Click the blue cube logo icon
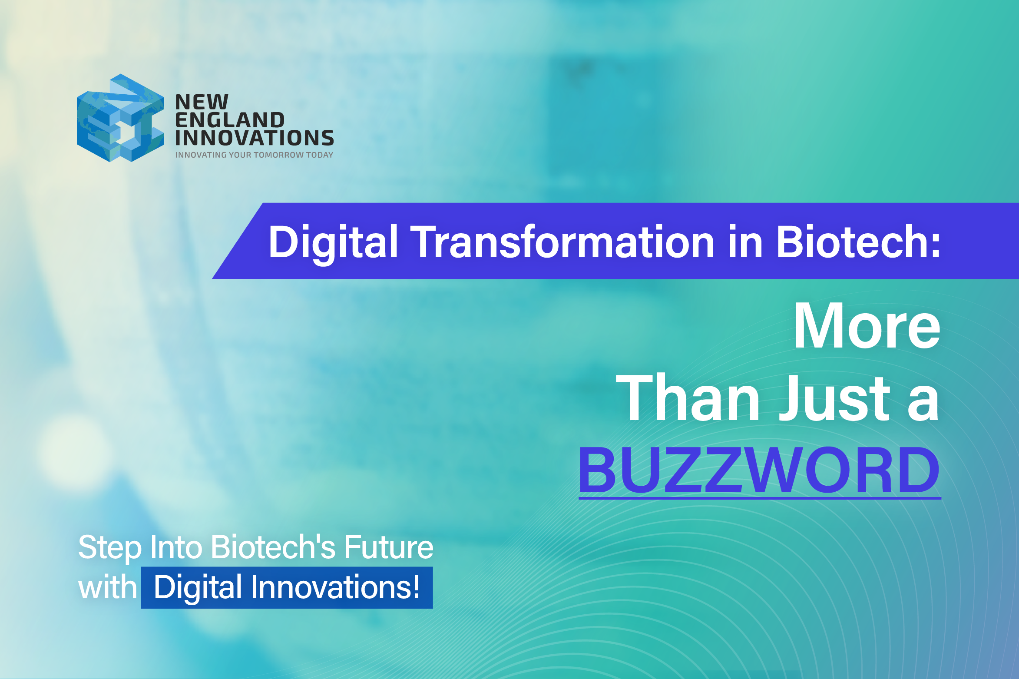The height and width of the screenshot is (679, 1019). pyautogui.click(x=120, y=118)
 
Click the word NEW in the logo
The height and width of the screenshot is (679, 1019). pyautogui.click(x=202, y=103)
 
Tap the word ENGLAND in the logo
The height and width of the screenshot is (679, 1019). pyautogui.click(x=230, y=120)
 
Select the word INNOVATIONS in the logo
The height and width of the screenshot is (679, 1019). pyautogui.click(x=255, y=138)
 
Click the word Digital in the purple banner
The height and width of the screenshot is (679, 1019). pyautogui.click(x=333, y=242)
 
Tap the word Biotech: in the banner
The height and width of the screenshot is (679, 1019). pyautogui.click(x=858, y=242)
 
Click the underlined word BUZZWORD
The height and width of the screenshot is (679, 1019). pyautogui.click(x=759, y=471)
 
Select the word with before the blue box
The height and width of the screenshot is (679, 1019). pyautogui.click(x=107, y=587)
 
